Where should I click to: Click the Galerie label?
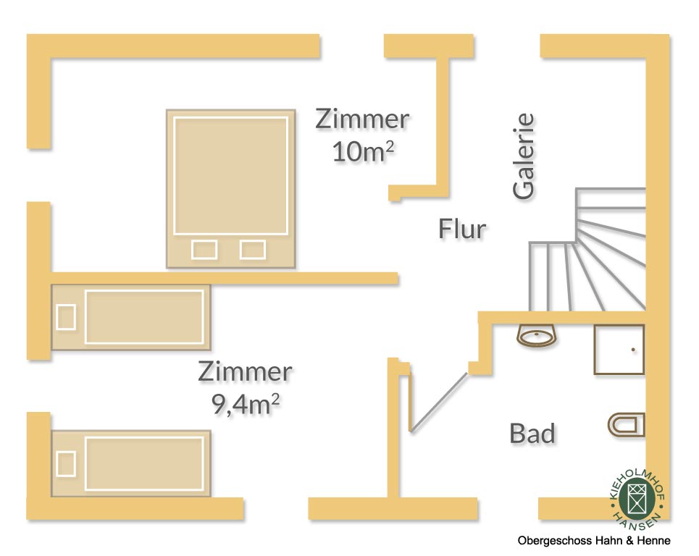(x=524, y=156)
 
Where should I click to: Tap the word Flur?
(x=462, y=229)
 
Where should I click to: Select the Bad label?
(x=532, y=434)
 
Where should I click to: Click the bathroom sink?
(x=537, y=336)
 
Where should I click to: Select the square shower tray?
(x=619, y=350)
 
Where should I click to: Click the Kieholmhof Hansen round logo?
(x=638, y=499)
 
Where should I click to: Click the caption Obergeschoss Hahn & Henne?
(x=594, y=541)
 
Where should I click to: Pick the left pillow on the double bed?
(x=204, y=250)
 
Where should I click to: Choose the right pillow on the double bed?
(x=252, y=250)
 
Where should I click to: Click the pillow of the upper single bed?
(x=66, y=317)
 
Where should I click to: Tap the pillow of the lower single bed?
(x=66, y=463)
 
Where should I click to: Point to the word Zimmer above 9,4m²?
(x=245, y=372)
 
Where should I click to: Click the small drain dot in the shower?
(x=633, y=350)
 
